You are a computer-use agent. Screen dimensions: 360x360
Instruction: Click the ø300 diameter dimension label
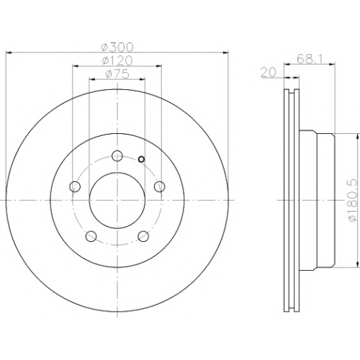click(x=117, y=48)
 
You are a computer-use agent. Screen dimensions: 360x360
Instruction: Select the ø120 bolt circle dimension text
click(x=117, y=60)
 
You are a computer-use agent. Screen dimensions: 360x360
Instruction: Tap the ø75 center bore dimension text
click(x=117, y=74)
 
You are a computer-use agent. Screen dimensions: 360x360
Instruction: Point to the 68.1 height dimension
click(x=310, y=59)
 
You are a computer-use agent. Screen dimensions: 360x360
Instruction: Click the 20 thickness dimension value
click(x=269, y=73)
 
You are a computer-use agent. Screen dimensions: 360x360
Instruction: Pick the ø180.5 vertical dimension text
click(x=353, y=200)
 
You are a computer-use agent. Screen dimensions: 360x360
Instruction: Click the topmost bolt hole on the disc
click(x=117, y=156)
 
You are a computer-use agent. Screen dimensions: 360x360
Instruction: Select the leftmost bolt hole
click(x=75, y=186)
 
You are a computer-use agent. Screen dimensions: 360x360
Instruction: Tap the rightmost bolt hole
click(x=160, y=186)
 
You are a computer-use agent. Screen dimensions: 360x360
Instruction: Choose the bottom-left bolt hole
click(x=91, y=236)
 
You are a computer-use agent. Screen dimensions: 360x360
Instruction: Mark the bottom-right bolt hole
click(x=143, y=236)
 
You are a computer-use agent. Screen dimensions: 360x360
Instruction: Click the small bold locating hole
click(x=142, y=159)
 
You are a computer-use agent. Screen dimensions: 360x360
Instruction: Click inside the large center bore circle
click(x=117, y=200)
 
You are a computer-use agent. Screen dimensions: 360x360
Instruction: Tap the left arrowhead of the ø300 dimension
click(x=9, y=52)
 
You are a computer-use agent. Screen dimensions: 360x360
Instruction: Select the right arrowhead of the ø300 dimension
click(x=225, y=52)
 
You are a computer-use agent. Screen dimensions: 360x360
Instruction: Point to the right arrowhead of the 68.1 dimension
click(x=332, y=63)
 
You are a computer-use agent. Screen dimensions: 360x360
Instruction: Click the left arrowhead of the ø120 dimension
click(x=76, y=66)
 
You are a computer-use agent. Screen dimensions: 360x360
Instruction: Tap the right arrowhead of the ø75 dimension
click(x=142, y=78)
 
